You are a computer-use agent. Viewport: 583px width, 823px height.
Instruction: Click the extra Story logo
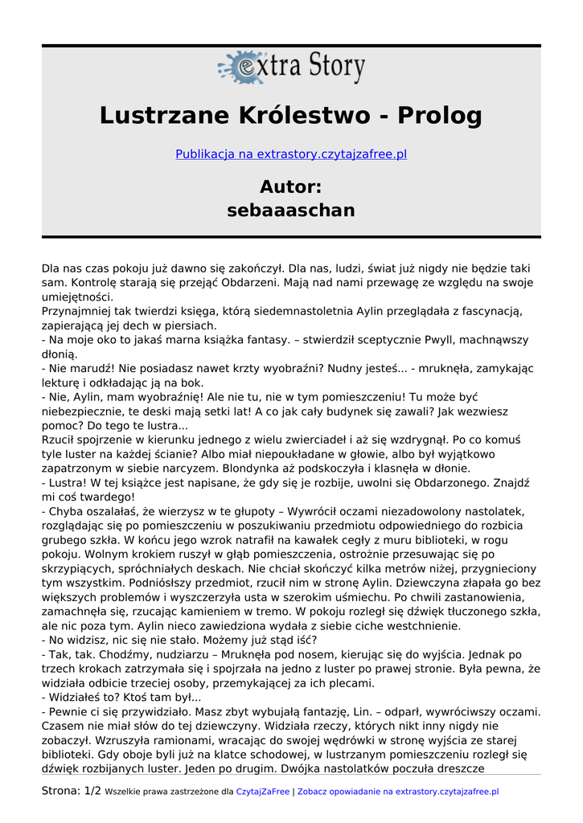(x=291, y=68)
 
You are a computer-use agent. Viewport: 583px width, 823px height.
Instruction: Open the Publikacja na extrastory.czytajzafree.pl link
(x=291, y=154)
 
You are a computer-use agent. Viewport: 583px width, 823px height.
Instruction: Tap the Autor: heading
(x=291, y=186)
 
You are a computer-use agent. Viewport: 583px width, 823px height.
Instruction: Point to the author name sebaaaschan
(x=291, y=211)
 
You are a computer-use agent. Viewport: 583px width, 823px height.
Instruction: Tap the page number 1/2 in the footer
(x=92, y=792)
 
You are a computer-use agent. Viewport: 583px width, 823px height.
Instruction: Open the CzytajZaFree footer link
(x=263, y=792)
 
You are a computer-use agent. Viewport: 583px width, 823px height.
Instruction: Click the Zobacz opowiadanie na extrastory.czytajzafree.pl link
(x=398, y=792)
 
